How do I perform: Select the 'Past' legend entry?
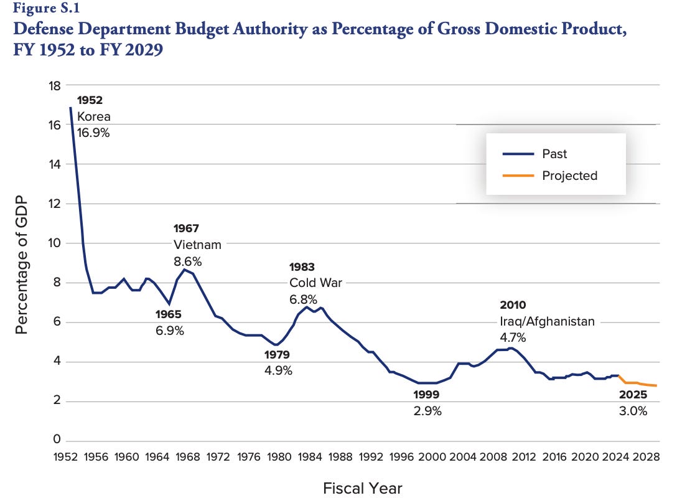(554, 154)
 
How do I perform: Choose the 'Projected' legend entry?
(569, 176)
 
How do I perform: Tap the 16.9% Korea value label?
(93, 132)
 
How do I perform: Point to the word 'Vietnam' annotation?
(197, 245)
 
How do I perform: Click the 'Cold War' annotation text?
(315, 283)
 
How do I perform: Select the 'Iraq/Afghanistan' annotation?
(547, 321)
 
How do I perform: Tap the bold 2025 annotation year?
(633, 395)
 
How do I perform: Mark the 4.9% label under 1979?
(277, 370)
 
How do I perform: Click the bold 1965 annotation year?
(169, 314)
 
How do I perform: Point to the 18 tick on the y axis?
(55, 85)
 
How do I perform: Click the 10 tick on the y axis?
(55, 243)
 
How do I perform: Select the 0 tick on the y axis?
(57, 440)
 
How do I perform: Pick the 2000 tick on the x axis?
(431, 457)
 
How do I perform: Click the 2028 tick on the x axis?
(644, 457)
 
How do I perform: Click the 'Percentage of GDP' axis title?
(22, 263)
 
